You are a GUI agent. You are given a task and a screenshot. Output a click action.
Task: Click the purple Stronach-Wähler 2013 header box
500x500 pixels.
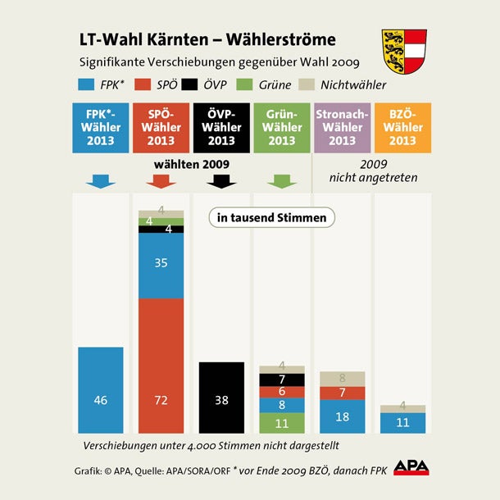[342, 127]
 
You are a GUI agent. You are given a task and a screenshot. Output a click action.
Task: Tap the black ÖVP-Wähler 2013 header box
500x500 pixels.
[221, 127]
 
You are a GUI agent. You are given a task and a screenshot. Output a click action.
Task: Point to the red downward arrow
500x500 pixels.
[161, 180]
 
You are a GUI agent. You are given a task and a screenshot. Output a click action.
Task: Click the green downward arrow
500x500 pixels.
[281, 180]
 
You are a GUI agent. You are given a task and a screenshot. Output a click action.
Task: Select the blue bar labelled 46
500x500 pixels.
[101, 390]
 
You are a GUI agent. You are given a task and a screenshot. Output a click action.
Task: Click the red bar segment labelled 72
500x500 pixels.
[161, 366]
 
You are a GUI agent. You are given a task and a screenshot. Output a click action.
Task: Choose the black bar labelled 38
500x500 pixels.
[221, 398]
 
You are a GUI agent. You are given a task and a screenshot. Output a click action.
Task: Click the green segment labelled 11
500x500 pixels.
[281, 423]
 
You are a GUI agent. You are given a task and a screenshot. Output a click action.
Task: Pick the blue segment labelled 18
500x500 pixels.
[342, 416]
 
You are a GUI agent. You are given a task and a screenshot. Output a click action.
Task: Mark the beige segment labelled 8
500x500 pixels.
[342, 379]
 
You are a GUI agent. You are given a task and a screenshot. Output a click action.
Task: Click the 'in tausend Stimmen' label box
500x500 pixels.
[272, 218]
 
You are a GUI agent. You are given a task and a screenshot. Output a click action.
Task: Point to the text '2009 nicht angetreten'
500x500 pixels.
[374, 170]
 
